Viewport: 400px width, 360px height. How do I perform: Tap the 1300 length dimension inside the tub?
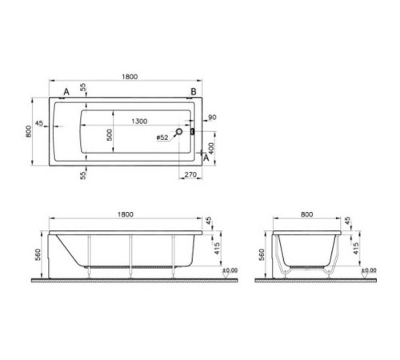coord(138,121)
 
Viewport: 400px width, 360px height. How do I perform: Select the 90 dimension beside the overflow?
coord(212,118)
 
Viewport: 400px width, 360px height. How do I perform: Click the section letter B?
coord(191,92)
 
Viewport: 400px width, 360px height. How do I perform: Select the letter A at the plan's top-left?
coord(66,92)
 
